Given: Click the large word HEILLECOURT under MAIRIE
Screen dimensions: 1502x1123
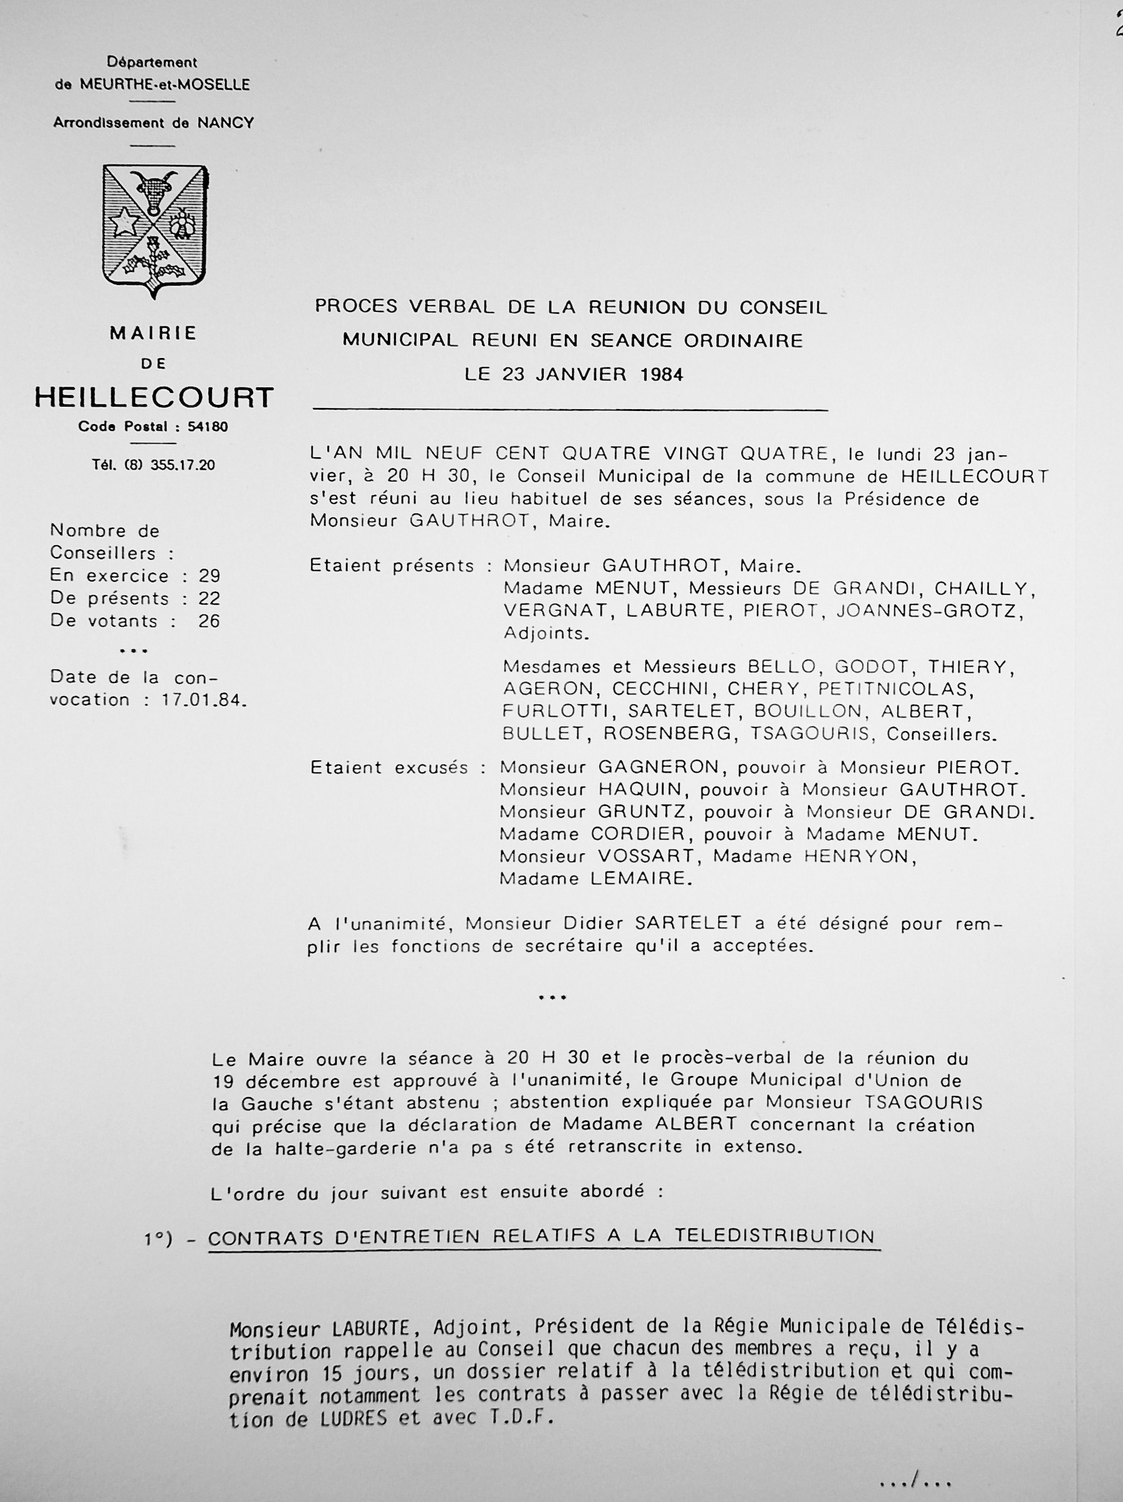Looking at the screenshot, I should [154, 397].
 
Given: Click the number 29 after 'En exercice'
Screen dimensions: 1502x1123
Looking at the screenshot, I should [210, 576].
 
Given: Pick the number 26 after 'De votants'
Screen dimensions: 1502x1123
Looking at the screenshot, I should [209, 621].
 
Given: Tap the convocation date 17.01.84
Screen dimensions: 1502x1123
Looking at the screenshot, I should [202, 700].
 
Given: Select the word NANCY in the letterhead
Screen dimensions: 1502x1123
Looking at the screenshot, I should [226, 123].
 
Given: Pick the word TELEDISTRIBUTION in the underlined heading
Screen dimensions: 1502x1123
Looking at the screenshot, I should [774, 1236].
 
